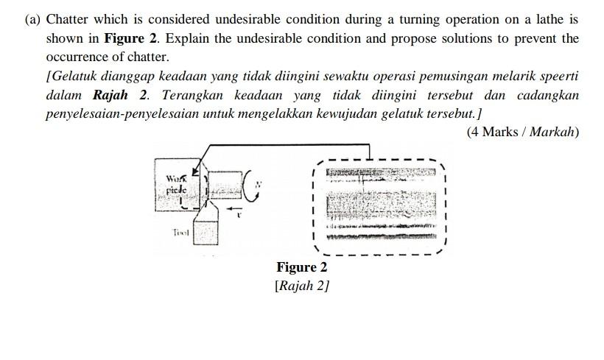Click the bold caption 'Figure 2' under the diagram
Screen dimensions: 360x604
tap(301, 267)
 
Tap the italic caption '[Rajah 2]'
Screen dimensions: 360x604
tap(301, 285)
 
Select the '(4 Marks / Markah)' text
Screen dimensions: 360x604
tap(523, 133)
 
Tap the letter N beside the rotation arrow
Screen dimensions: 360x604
tap(258, 186)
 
